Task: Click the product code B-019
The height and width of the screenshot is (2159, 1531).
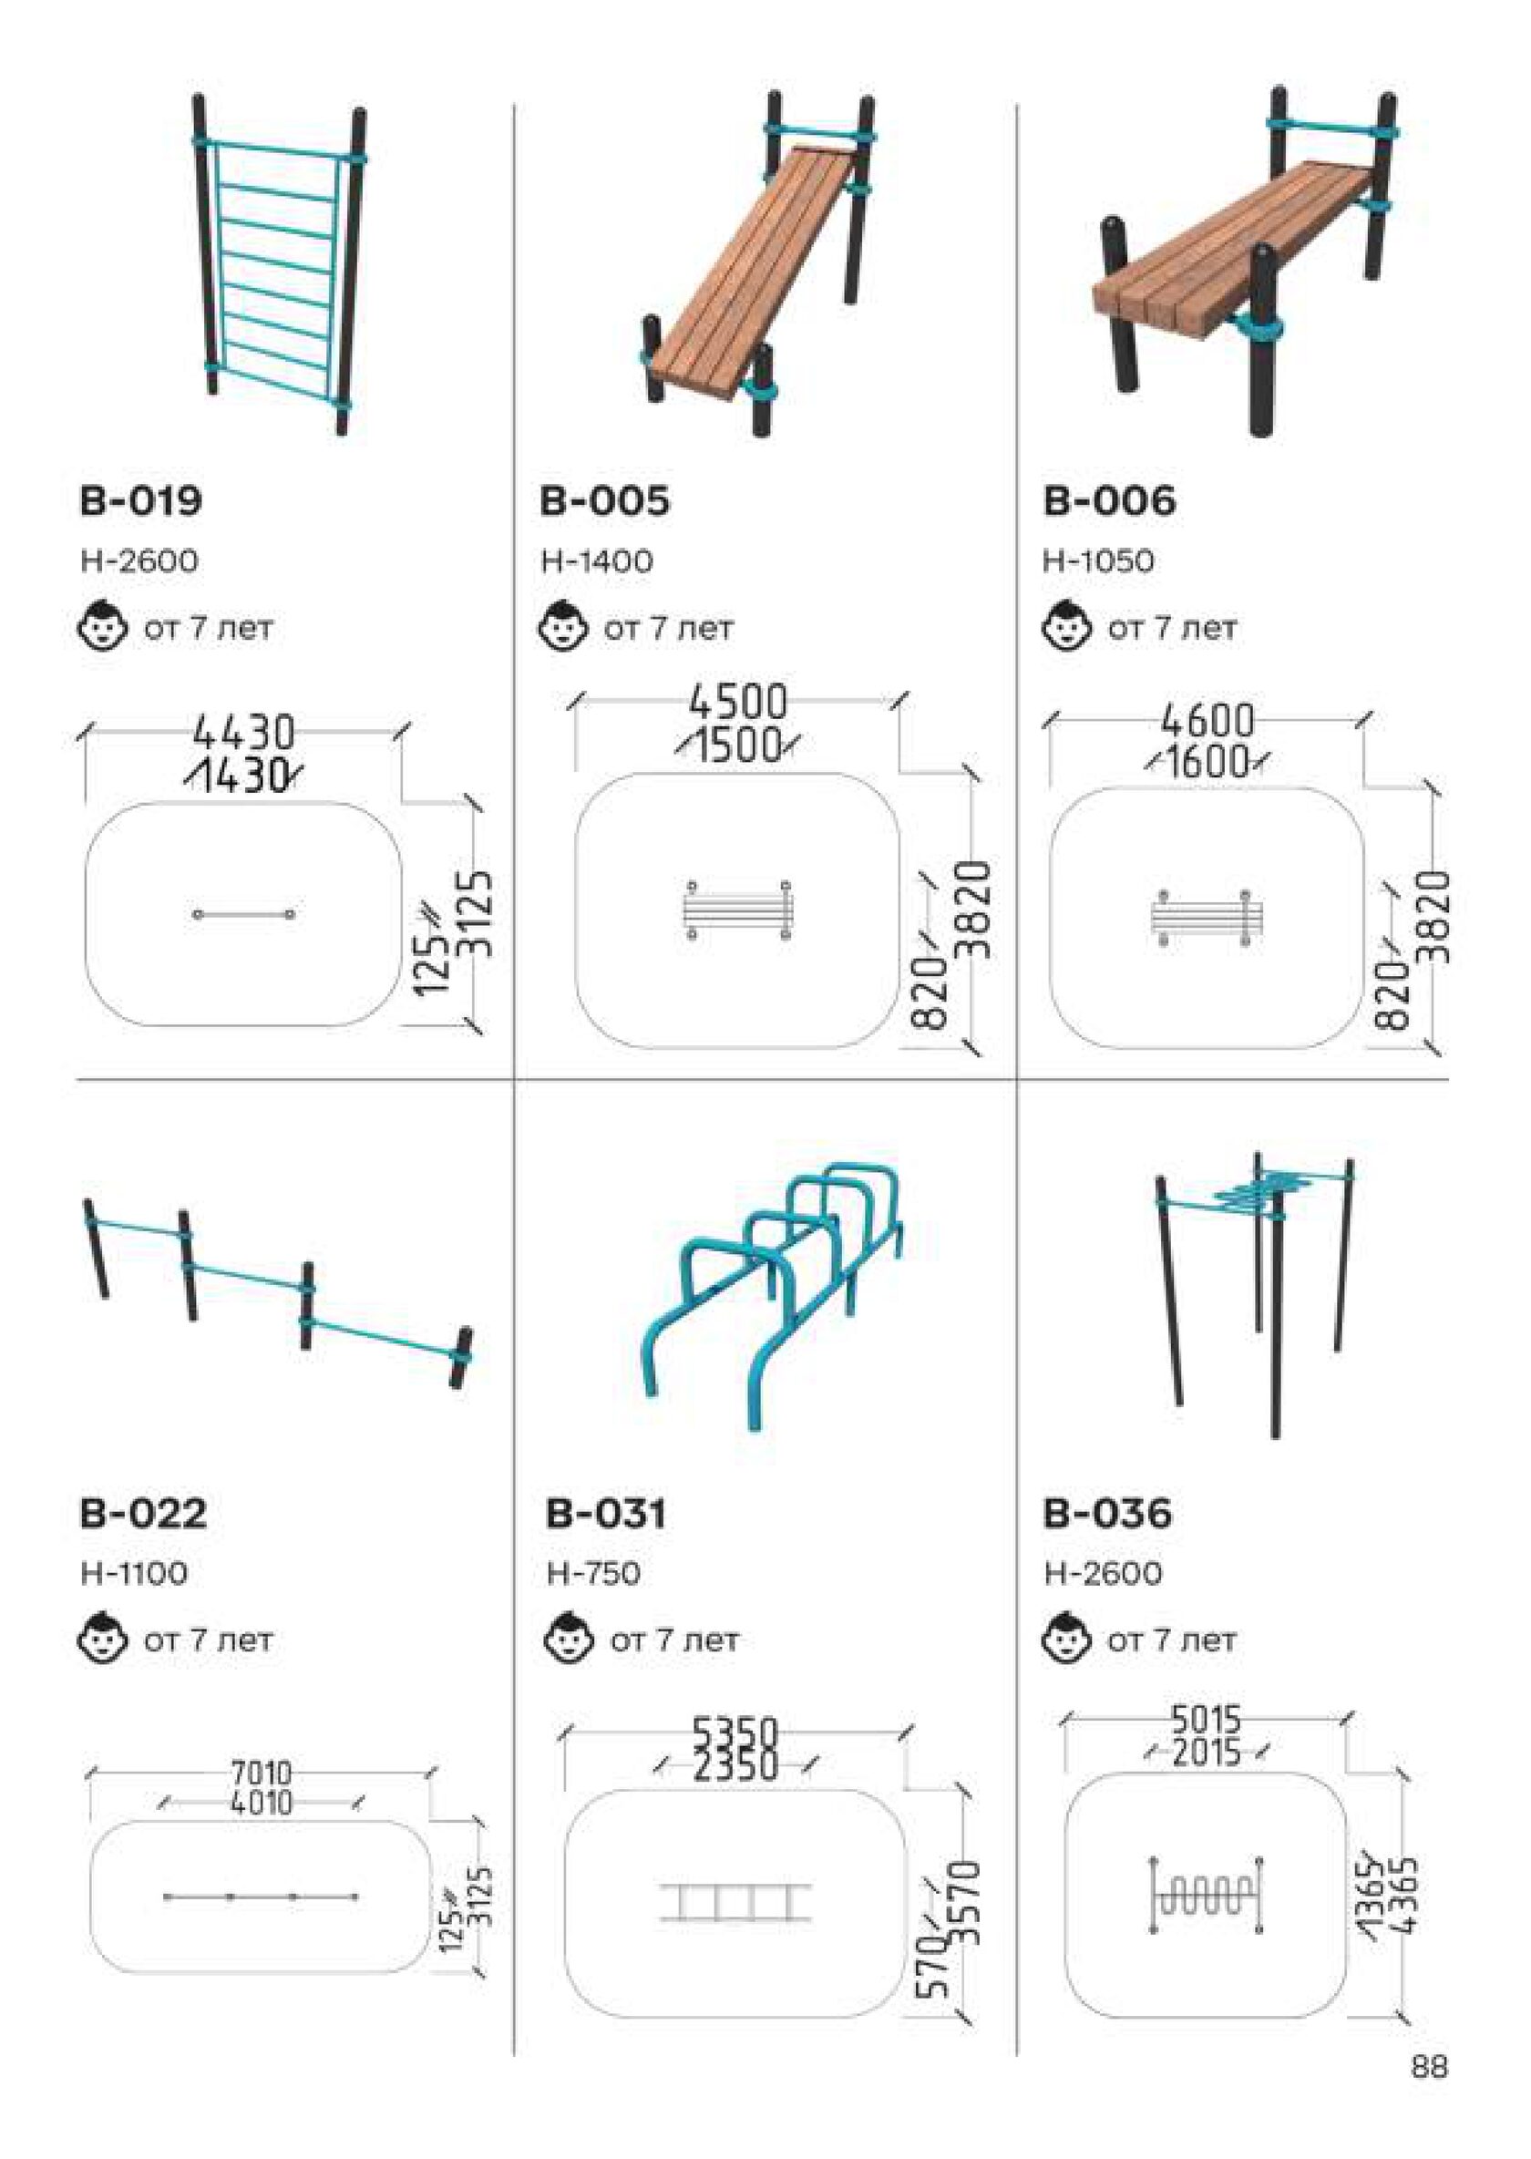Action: pyautogui.click(x=140, y=500)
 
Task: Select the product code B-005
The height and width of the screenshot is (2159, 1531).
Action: pyautogui.click(x=604, y=500)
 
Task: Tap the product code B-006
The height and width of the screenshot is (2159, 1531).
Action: pyautogui.click(x=1110, y=500)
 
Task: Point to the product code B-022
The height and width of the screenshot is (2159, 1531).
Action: pyautogui.click(x=143, y=1513)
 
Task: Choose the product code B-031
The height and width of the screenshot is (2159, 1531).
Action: pyautogui.click(x=606, y=1513)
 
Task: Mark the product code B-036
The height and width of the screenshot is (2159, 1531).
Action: pyautogui.click(x=1108, y=1513)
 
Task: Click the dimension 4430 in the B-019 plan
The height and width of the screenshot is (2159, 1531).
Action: pyautogui.click(x=244, y=732)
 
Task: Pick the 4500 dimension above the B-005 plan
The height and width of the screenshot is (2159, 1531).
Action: pyautogui.click(x=737, y=703)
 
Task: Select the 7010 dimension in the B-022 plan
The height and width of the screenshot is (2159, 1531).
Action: pyautogui.click(x=262, y=1773)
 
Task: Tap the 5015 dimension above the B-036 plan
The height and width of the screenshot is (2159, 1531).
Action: pyautogui.click(x=1207, y=1720)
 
